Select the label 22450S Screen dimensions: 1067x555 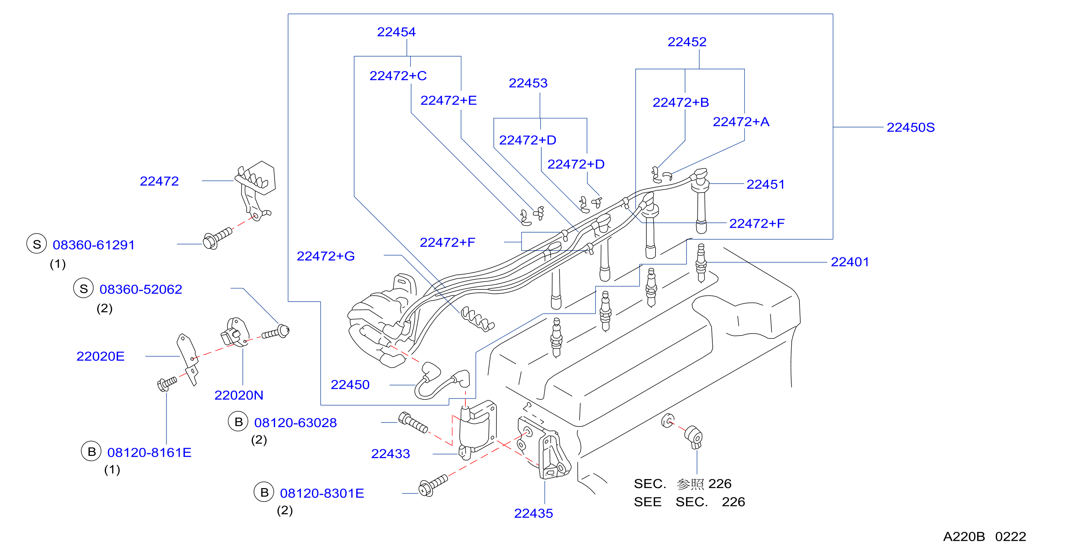tap(911, 127)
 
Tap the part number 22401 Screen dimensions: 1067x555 tap(850, 262)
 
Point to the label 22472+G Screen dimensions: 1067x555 tap(325, 256)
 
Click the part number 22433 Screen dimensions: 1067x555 tap(390, 454)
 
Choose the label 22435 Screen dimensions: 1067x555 tap(533, 513)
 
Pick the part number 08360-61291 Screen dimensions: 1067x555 tap(94, 245)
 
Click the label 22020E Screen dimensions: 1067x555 tap(100, 356)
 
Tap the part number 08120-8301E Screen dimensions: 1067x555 tap(322, 493)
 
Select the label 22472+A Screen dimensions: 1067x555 tap(741, 122)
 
